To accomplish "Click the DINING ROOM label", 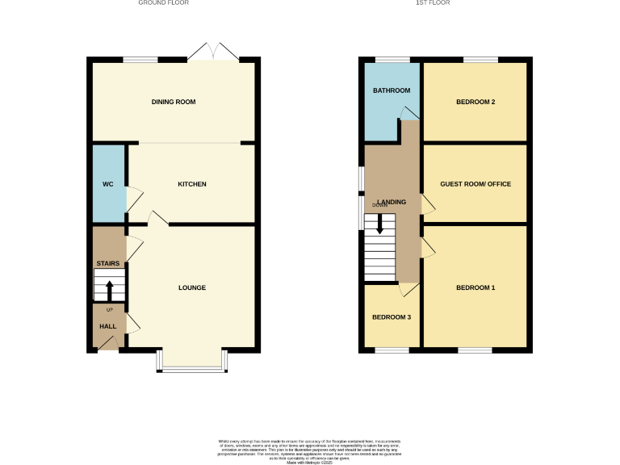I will (x=174, y=102).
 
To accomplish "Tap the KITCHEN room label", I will (x=192, y=184).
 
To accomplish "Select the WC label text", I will (x=108, y=184).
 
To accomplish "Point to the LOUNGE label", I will (x=192, y=287).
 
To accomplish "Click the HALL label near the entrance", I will (x=107, y=326).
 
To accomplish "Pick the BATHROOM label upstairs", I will (x=391, y=90).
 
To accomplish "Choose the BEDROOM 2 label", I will (x=475, y=102).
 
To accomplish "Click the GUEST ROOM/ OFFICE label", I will (x=475, y=184).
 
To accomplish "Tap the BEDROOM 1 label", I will (x=475, y=287).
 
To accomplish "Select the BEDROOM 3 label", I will (x=391, y=317).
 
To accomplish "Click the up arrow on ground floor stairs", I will (x=110, y=289).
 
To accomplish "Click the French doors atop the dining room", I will (x=213, y=53).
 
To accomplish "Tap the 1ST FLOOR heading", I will (x=433, y=3).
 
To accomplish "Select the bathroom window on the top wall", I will (x=392, y=59).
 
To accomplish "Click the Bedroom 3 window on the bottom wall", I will (x=392, y=350).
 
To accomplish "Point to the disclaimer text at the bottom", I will (x=309, y=450).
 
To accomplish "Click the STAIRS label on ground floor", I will (x=107, y=263).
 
